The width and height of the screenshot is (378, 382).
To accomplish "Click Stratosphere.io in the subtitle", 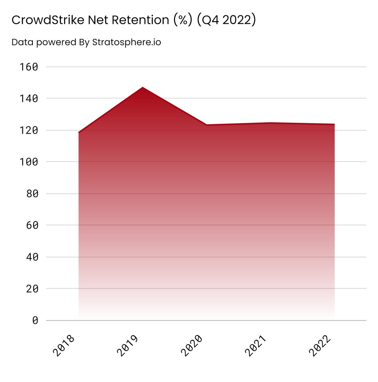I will (126, 42).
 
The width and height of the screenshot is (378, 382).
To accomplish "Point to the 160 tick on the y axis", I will (29, 67).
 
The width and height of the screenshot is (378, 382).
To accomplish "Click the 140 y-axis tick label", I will (29, 99).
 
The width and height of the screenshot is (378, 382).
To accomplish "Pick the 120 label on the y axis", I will (29, 131).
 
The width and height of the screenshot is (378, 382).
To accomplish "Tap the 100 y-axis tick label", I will (29, 162).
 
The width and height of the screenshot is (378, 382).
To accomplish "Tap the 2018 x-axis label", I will (64, 345).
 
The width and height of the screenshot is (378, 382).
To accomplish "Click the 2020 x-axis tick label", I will (192, 345).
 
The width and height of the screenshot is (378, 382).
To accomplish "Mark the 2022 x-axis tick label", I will (320, 345).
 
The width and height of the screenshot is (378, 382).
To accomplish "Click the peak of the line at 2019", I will (143, 87).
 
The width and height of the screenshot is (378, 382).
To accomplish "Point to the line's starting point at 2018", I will (79, 132).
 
